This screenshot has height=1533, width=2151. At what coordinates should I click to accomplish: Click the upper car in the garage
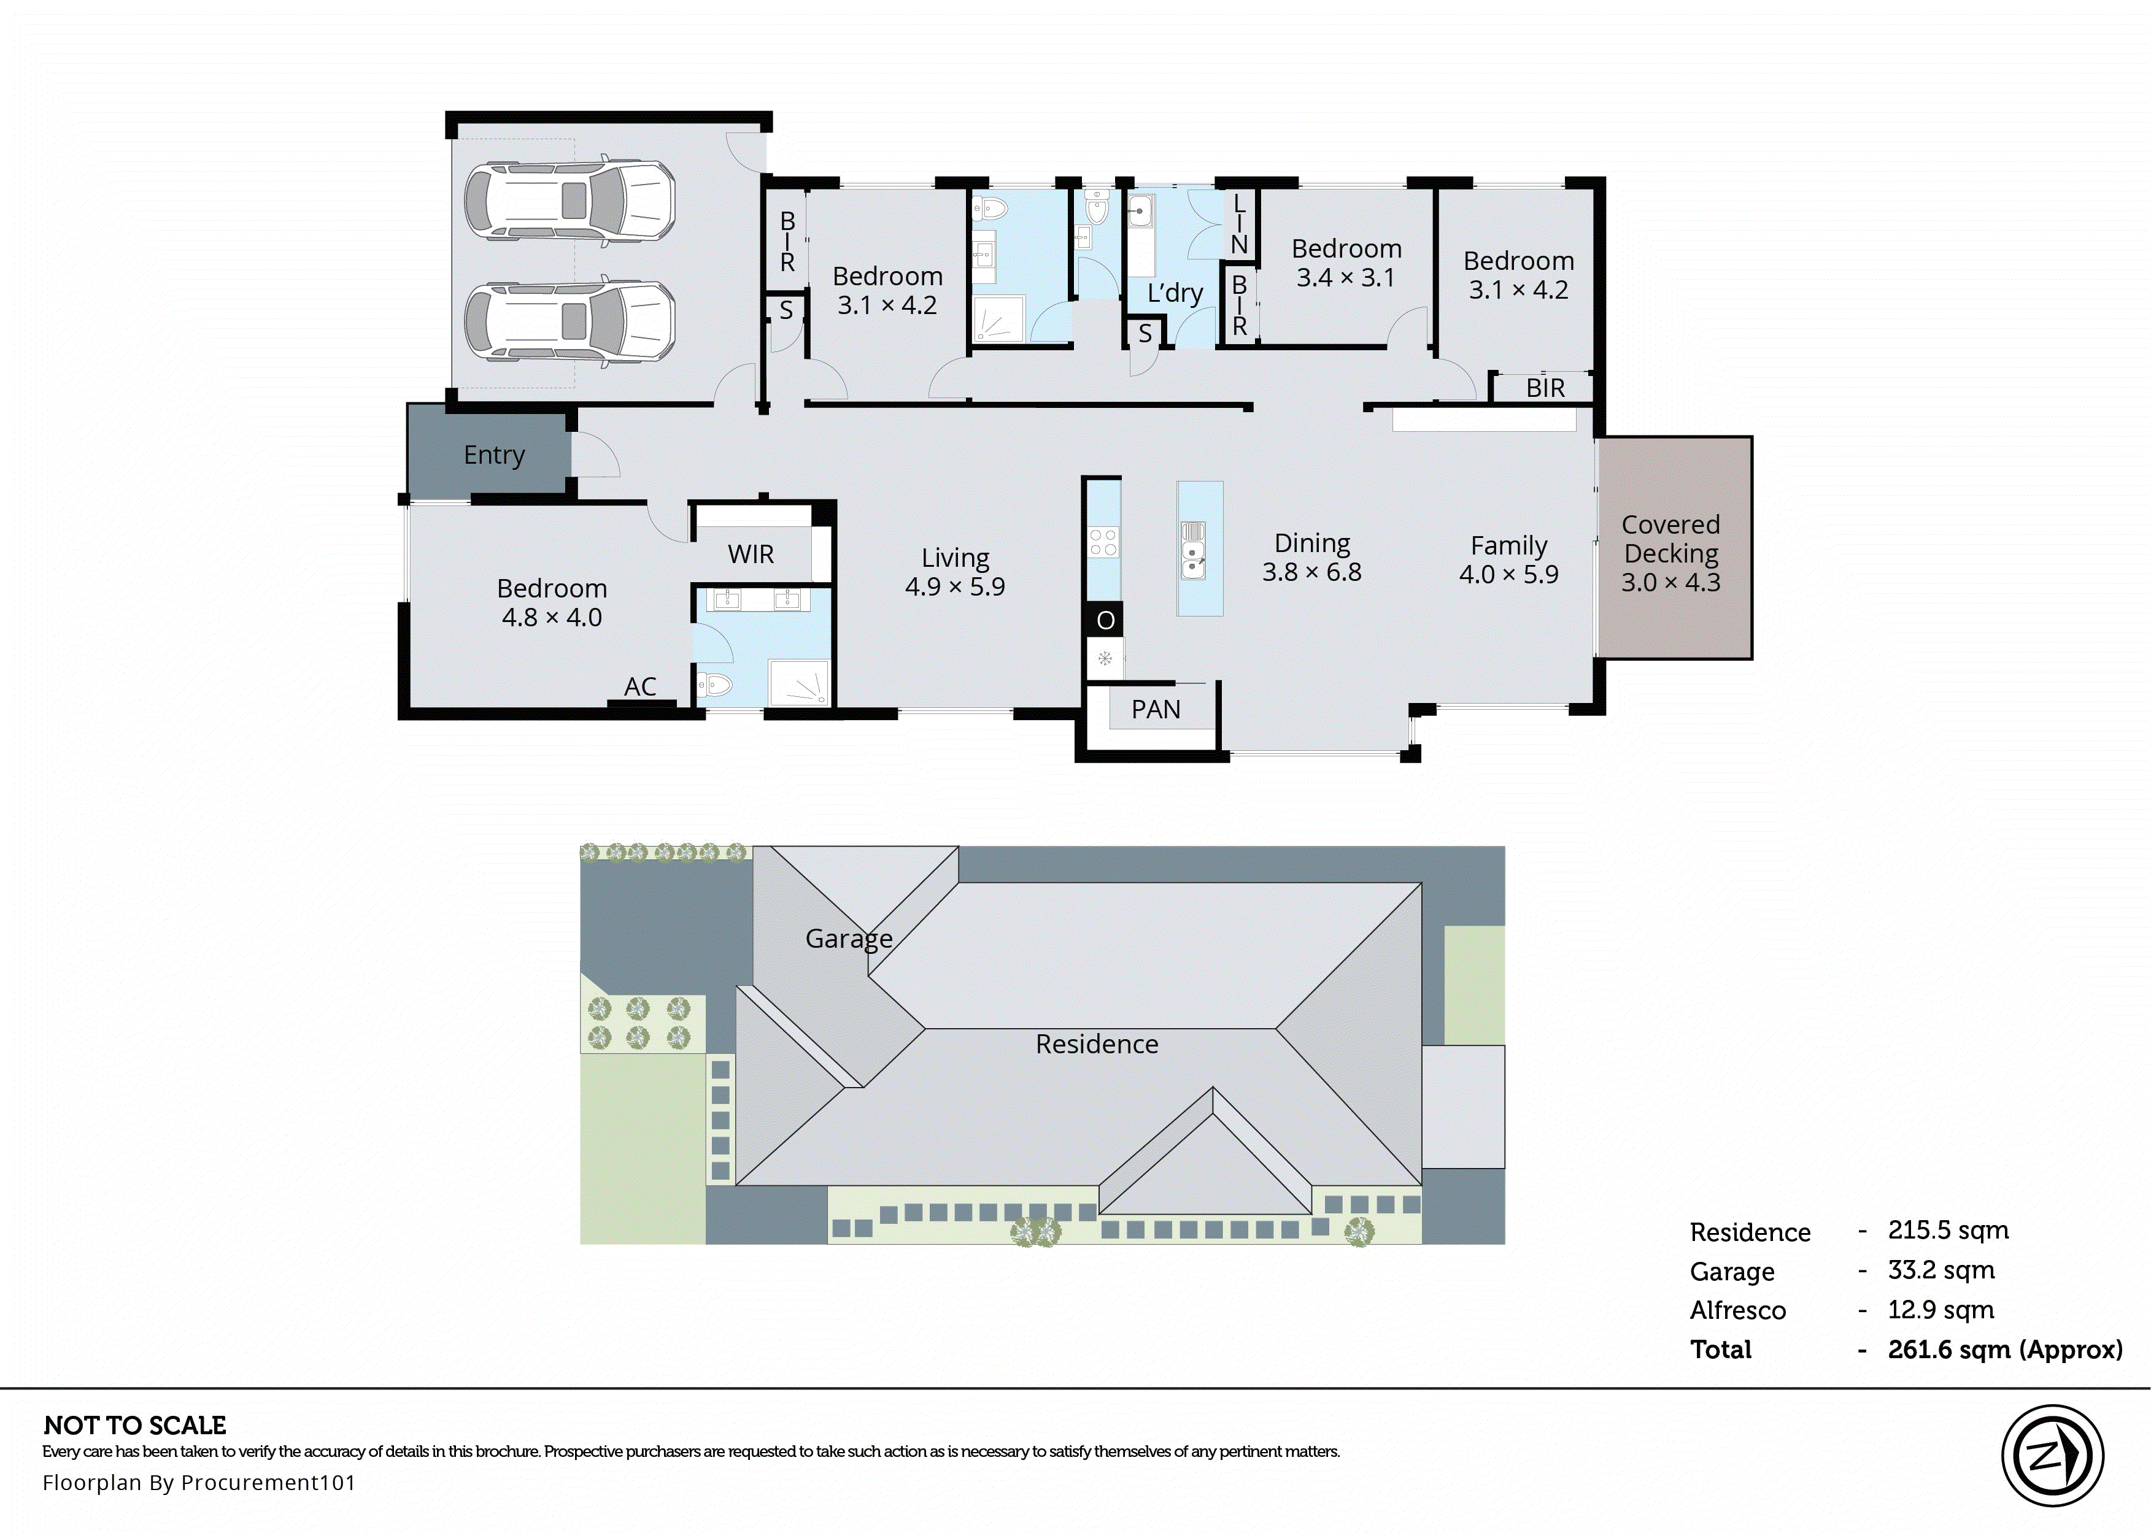point(570,201)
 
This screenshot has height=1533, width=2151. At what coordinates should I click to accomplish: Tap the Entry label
point(494,455)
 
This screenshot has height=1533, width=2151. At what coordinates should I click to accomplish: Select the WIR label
point(751,554)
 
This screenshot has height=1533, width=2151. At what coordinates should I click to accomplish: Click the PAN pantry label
point(1156,709)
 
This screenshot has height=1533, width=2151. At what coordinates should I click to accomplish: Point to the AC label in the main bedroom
point(640,686)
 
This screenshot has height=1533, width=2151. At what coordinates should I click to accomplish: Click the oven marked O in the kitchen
point(1105,620)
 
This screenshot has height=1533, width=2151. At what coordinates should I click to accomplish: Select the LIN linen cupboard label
point(1239,224)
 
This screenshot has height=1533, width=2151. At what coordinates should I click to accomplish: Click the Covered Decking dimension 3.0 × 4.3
point(1670,582)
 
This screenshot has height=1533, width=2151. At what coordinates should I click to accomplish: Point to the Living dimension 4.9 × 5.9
point(955,586)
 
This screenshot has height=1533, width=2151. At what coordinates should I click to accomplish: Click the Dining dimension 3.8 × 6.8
point(1311,572)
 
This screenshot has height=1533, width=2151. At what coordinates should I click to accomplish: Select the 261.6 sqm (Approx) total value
point(2005,1350)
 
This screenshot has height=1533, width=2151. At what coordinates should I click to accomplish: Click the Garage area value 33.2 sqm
point(1941,1270)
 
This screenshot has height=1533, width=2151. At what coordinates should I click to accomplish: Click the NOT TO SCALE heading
point(135,1426)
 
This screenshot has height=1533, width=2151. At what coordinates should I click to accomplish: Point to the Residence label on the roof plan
point(1096,1044)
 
